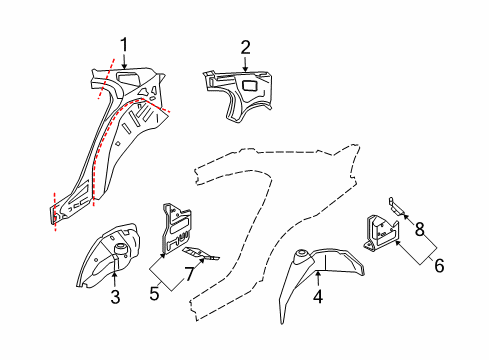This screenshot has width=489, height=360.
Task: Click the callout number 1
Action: click(x=124, y=43)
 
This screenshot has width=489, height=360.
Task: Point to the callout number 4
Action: click(x=317, y=296)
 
